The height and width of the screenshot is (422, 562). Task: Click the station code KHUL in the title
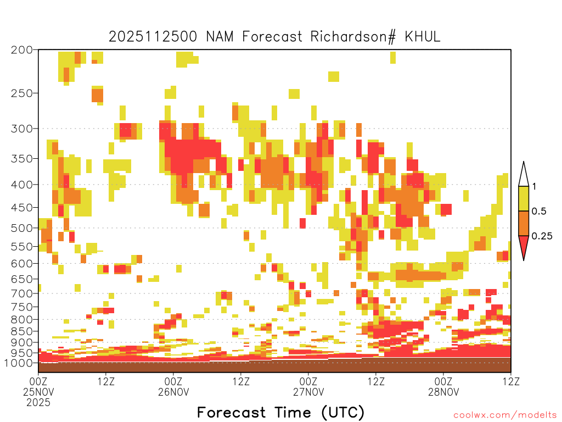(x=422, y=37)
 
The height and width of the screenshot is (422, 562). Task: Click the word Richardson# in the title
(x=353, y=37)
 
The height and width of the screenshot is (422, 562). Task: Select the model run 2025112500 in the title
(x=153, y=37)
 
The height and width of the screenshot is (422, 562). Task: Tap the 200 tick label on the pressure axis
(x=22, y=50)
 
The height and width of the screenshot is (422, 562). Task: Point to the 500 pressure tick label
(x=22, y=228)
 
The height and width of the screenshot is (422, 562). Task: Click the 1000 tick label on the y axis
(x=19, y=363)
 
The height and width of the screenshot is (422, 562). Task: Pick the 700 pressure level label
(x=22, y=293)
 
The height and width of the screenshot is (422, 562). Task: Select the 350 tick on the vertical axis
(x=22, y=159)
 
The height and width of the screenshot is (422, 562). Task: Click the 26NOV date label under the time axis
(x=173, y=392)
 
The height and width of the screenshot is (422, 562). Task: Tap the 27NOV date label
(x=308, y=392)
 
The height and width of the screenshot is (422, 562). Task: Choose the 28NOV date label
(x=443, y=392)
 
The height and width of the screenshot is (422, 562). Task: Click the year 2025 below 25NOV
(x=38, y=403)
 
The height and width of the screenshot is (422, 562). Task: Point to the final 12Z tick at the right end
(x=511, y=381)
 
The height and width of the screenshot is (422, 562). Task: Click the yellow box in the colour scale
(x=524, y=198)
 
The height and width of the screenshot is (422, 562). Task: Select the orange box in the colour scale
(x=524, y=223)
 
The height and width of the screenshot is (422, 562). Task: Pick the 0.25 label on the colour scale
(x=542, y=236)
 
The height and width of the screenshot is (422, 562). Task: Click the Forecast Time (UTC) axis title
(x=280, y=413)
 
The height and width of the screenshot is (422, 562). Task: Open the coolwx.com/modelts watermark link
(x=505, y=415)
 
